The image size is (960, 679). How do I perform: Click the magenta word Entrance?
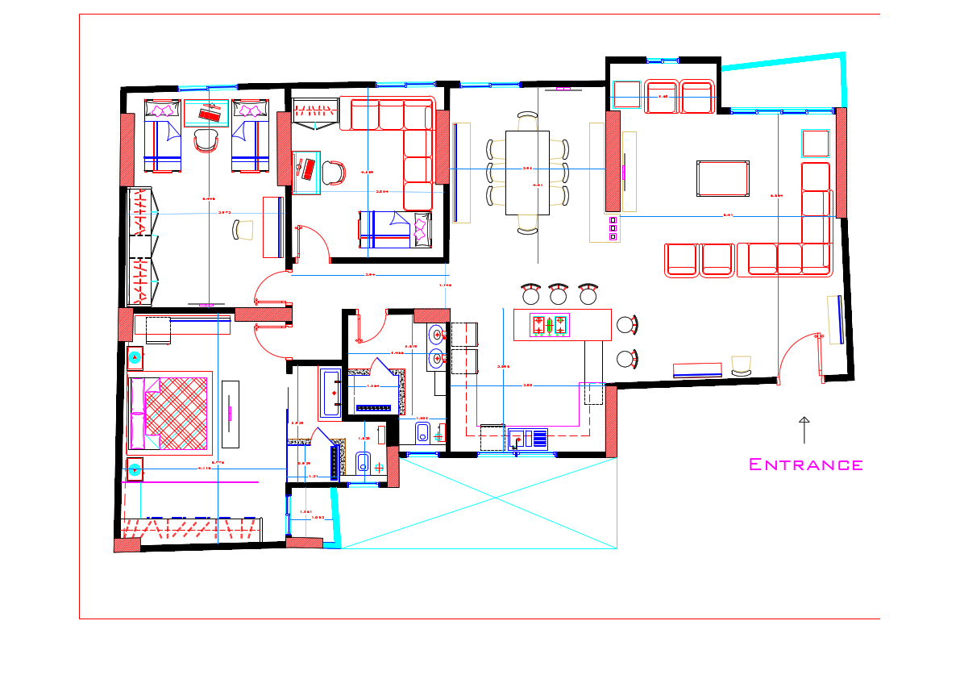(x=805, y=464)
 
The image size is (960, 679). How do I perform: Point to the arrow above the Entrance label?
(x=804, y=430)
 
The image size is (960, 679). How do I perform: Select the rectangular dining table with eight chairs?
(x=527, y=173)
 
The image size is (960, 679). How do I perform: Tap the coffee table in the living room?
(x=723, y=177)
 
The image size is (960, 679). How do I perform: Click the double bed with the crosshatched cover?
(x=169, y=411)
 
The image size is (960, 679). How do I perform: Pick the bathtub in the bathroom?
(x=330, y=393)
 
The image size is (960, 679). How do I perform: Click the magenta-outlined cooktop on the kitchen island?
(x=549, y=325)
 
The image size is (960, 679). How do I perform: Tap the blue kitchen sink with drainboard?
(x=527, y=439)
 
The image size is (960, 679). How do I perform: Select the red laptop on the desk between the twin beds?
(x=210, y=114)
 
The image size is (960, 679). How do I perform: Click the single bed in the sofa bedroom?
(x=394, y=228)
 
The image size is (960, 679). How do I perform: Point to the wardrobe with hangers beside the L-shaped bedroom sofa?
(x=314, y=113)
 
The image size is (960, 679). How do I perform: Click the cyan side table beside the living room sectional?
(x=815, y=144)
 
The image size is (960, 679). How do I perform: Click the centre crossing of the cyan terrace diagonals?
(x=480, y=502)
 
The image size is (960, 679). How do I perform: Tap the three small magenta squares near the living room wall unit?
(x=613, y=228)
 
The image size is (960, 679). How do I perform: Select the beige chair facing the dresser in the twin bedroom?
(x=243, y=230)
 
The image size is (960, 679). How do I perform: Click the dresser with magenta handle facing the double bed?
(x=231, y=413)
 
